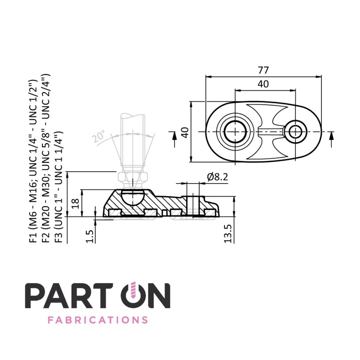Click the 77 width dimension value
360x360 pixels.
(263, 70)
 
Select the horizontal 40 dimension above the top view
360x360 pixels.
(263, 84)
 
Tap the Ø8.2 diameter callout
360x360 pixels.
(217, 177)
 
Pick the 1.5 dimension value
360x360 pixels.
(90, 236)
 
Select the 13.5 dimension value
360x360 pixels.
(228, 233)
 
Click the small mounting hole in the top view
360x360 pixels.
(296, 132)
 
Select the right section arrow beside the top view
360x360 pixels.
(331, 139)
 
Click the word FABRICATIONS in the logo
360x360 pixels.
(97, 320)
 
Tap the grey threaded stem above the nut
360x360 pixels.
(132, 141)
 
